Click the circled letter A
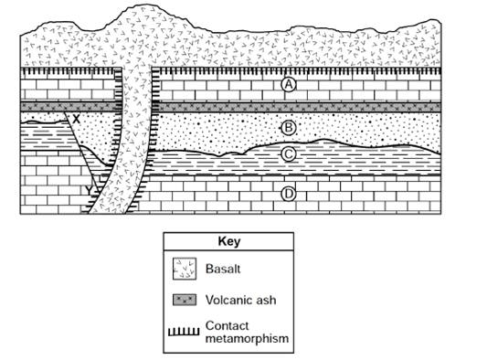click(289, 84)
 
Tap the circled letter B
click(289, 128)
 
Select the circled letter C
click(289, 154)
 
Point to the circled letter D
click(289, 194)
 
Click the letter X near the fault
click(76, 119)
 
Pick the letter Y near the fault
click(90, 190)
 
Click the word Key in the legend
click(229, 241)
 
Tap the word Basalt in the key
click(223, 269)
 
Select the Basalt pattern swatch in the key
click(185, 269)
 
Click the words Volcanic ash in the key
click(240, 300)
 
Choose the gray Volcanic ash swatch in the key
click(185, 300)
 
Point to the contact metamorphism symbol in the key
click(184, 332)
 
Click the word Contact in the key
click(227, 325)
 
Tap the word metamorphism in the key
click(247, 338)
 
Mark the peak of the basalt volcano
click(144, 5)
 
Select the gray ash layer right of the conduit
click(298, 108)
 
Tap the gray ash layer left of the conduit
click(69, 107)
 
